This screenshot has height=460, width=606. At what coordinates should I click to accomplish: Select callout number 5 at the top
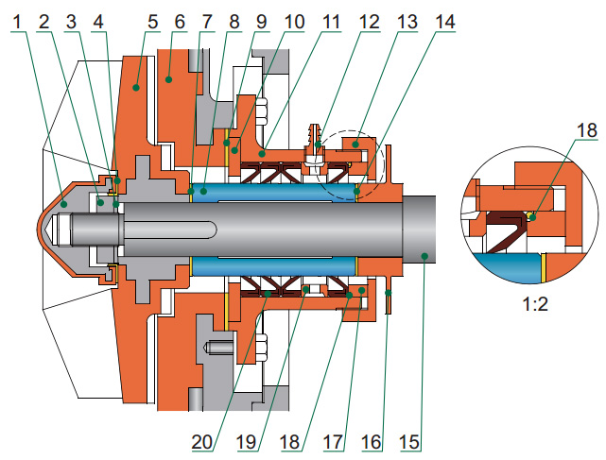click(152, 20)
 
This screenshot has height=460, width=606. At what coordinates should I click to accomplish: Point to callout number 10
click(293, 20)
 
